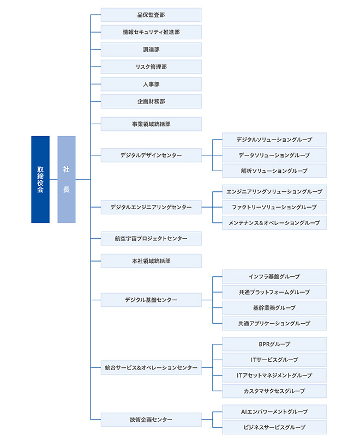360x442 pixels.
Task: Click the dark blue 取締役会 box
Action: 40,179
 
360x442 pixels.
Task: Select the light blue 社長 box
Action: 66,179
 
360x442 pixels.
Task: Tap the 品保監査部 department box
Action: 151,15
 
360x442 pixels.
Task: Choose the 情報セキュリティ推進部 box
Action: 151,32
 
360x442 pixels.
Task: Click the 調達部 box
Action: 151,50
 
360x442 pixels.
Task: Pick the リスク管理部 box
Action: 151,67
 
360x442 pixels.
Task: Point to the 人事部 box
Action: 151,84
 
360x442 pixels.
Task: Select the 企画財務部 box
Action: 151,102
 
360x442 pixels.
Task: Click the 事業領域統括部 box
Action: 151,124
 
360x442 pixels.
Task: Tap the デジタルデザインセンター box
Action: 151,155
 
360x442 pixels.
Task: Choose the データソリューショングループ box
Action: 274,155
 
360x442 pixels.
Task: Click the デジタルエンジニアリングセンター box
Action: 151,207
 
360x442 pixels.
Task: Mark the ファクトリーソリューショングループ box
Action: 274,207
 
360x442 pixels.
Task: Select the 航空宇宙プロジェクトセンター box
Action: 151,239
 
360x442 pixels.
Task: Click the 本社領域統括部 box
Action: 151,261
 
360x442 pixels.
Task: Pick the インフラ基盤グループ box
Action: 274,277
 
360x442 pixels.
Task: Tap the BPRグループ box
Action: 274,344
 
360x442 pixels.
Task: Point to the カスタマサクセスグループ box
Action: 274,391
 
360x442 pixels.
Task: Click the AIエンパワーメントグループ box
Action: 274,412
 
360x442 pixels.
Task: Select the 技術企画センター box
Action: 151,420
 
